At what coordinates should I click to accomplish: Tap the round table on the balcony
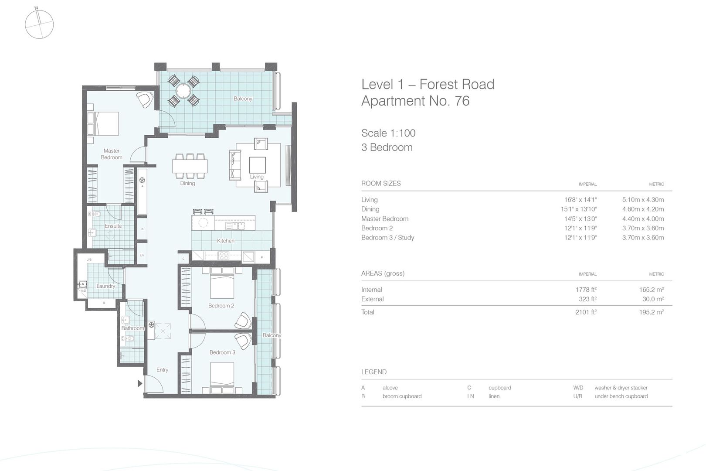point(183,91)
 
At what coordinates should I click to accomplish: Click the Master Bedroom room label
point(112,154)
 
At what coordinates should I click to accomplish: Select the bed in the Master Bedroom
point(103,124)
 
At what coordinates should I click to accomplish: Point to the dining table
point(190,166)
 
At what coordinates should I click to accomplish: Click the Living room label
point(257,177)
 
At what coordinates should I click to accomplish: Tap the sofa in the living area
point(235,165)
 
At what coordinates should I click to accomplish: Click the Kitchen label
point(226,241)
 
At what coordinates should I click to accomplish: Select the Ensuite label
point(113,226)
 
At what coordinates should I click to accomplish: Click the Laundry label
point(105,286)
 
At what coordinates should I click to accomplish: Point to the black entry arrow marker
point(140,384)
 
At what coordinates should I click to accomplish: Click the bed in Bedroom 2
point(222,283)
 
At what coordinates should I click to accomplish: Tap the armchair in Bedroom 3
point(243,341)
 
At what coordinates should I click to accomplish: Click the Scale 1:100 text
point(388,133)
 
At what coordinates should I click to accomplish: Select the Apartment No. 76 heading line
point(415,101)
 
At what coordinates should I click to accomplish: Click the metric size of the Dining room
point(643,209)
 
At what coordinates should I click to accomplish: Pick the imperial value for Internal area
point(586,290)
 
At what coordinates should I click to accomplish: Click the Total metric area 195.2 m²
point(652,312)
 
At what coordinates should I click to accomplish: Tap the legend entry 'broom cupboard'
point(402,396)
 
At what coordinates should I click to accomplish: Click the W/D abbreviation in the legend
point(578,388)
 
